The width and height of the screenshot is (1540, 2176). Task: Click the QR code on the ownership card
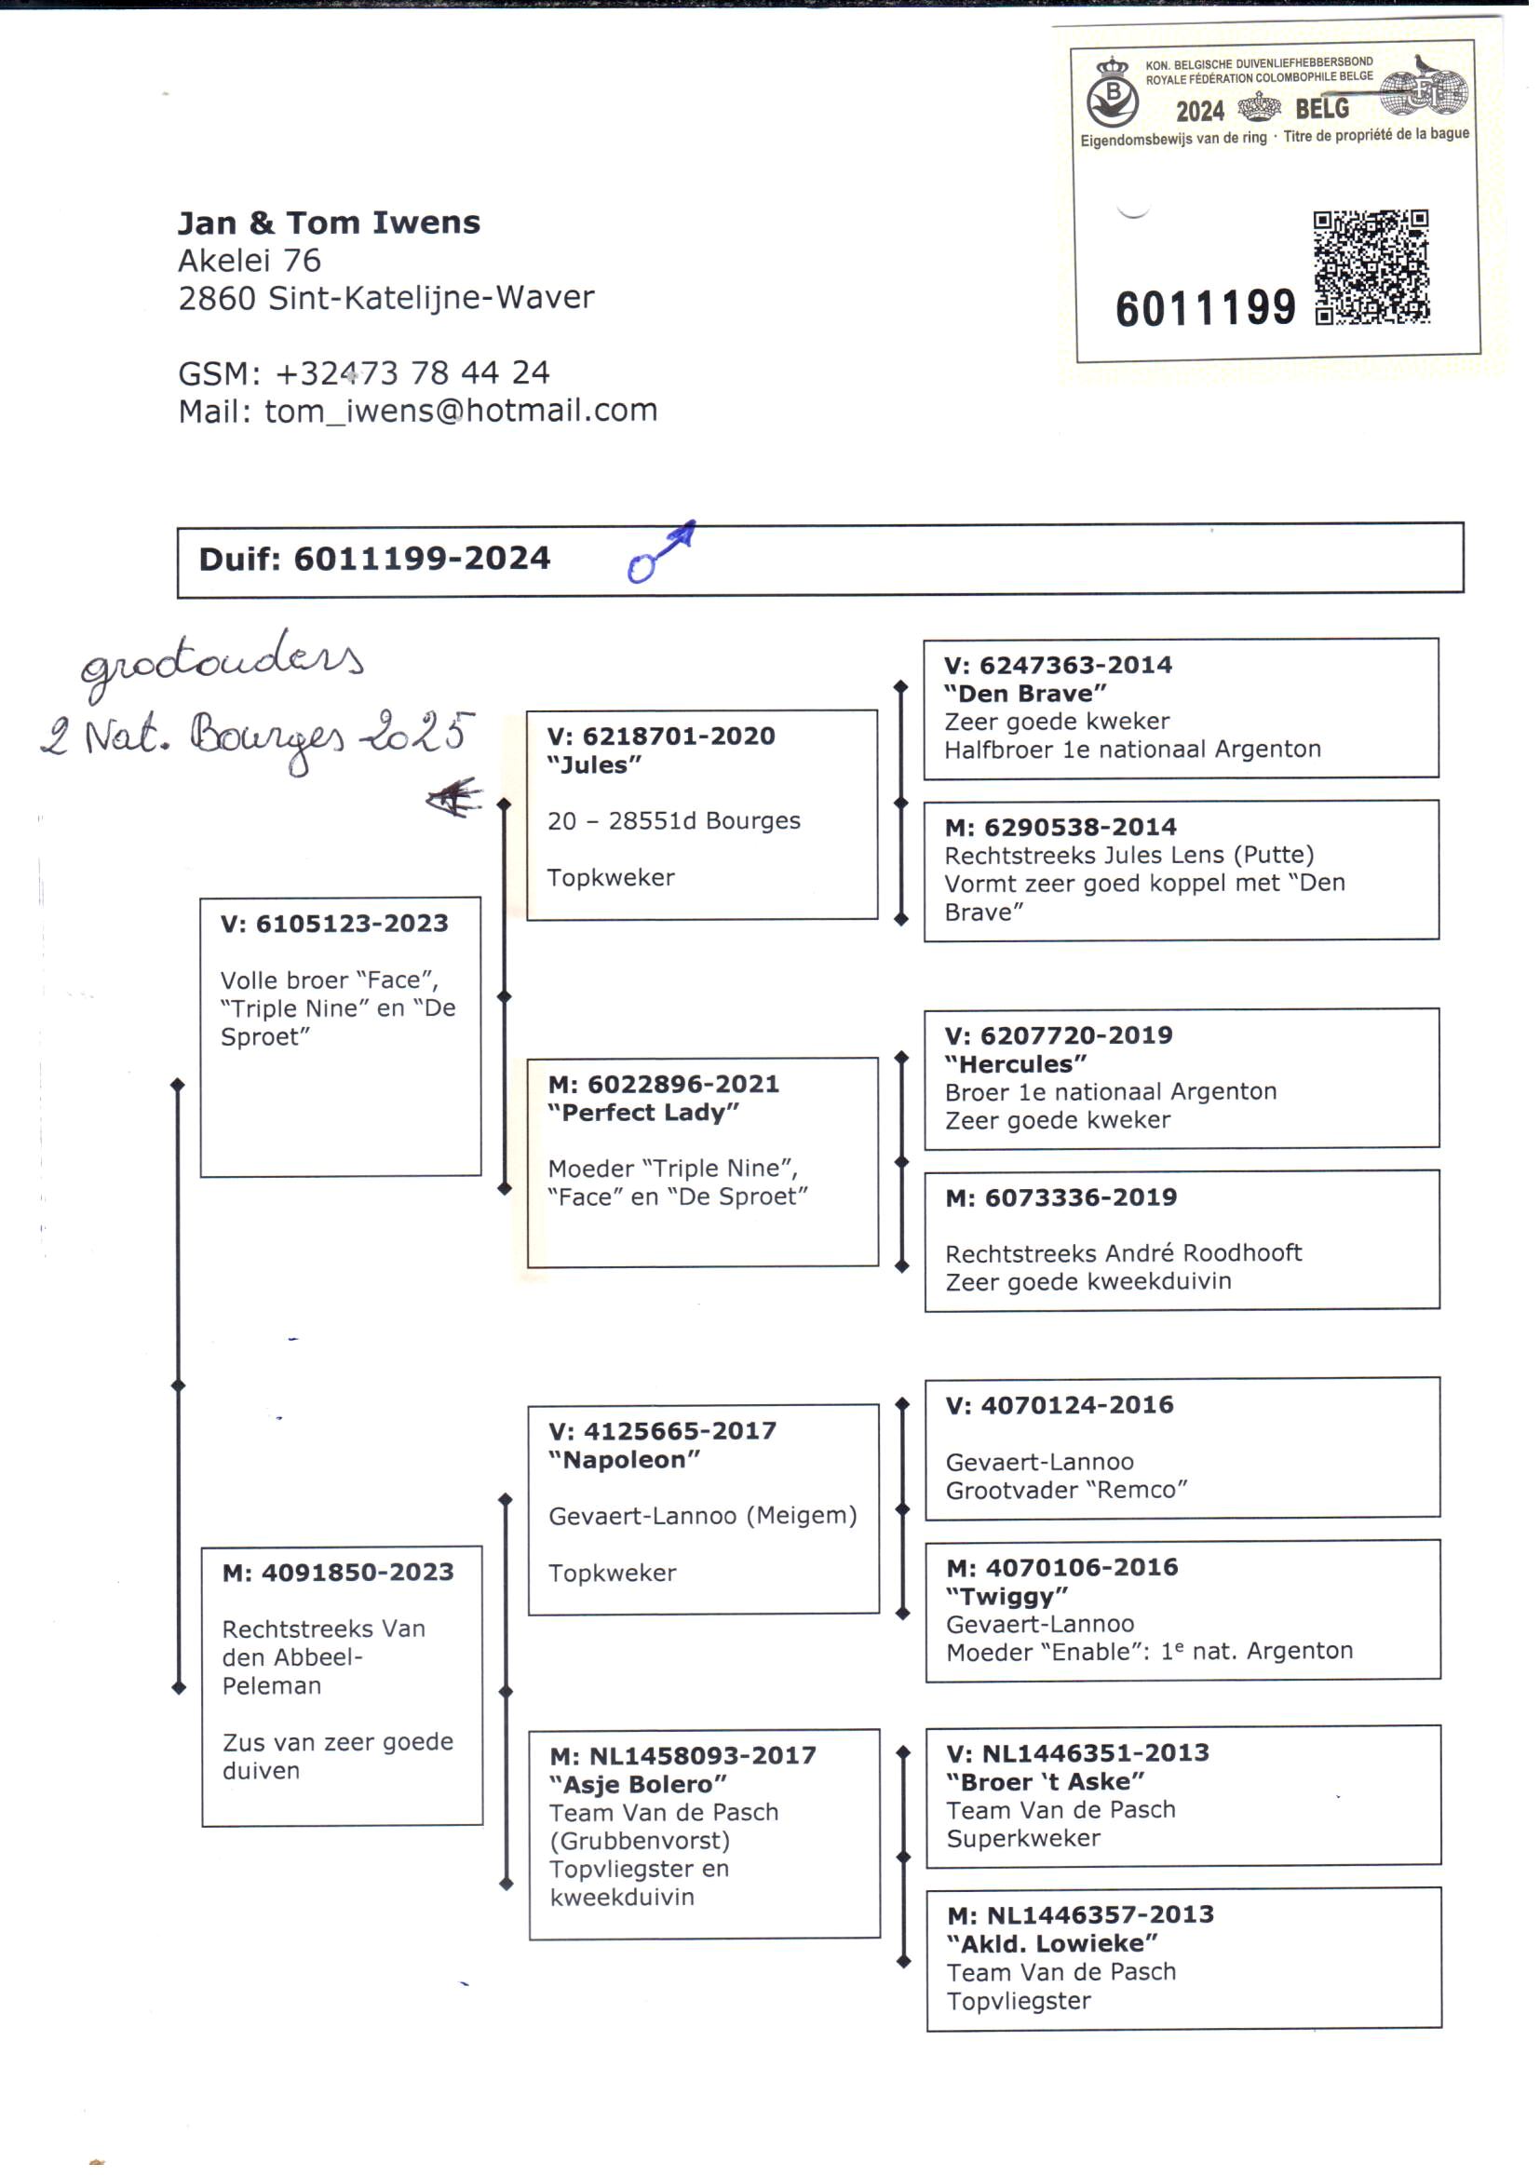click(1371, 268)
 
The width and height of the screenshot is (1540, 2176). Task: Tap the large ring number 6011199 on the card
click(1204, 309)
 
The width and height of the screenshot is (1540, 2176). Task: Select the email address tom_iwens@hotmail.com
click(460, 411)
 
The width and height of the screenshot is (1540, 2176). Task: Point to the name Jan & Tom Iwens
click(328, 223)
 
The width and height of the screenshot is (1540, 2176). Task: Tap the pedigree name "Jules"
click(595, 764)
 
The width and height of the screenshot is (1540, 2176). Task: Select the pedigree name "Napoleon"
click(624, 1460)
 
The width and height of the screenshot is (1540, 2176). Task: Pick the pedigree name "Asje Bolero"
click(637, 1784)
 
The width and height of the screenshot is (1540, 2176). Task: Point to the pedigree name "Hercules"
click(1015, 1064)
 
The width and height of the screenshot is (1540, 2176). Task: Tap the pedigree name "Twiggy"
click(1006, 1596)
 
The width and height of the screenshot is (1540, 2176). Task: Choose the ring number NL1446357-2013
click(1099, 1914)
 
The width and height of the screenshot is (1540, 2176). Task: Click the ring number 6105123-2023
click(351, 924)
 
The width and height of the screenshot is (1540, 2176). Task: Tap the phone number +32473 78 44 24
click(412, 373)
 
